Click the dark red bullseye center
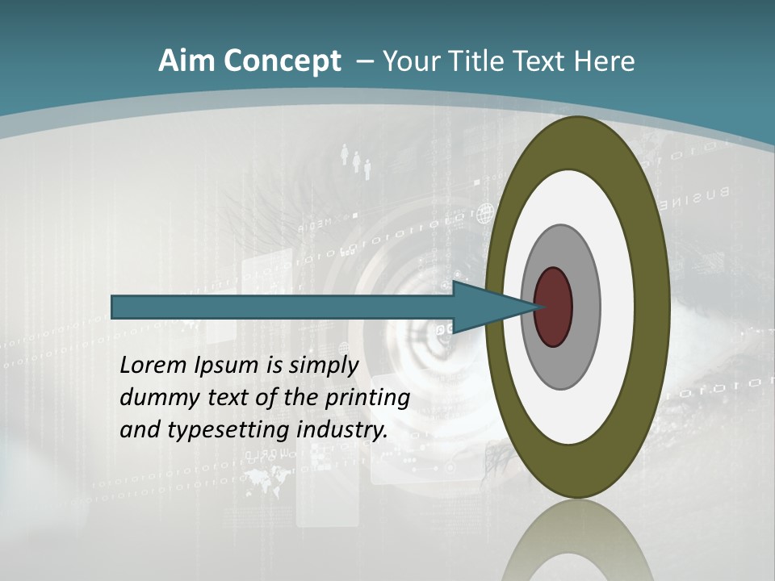coord(553,307)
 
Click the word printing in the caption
coord(367,398)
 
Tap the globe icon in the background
coord(484,214)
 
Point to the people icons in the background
coord(356,160)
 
